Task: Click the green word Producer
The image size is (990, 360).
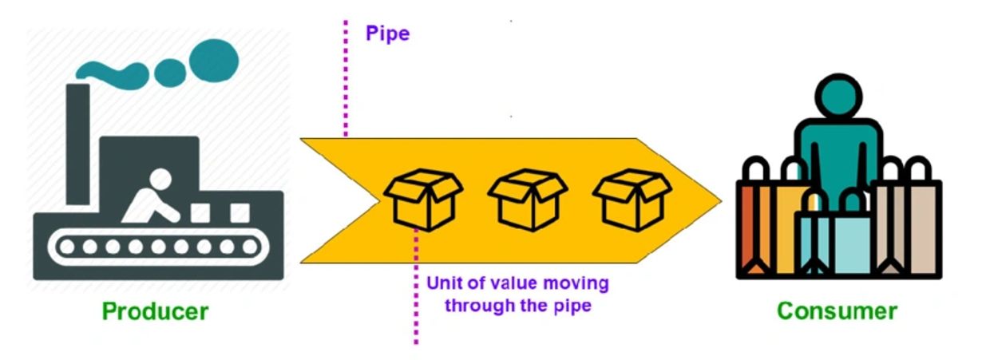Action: click(156, 311)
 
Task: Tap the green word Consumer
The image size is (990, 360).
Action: click(837, 311)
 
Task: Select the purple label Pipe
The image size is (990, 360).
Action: click(387, 34)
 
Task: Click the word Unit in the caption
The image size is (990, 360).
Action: click(444, 283)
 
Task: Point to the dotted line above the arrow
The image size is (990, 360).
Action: click(346, 80)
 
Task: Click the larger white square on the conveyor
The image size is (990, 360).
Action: click(240, 212)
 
